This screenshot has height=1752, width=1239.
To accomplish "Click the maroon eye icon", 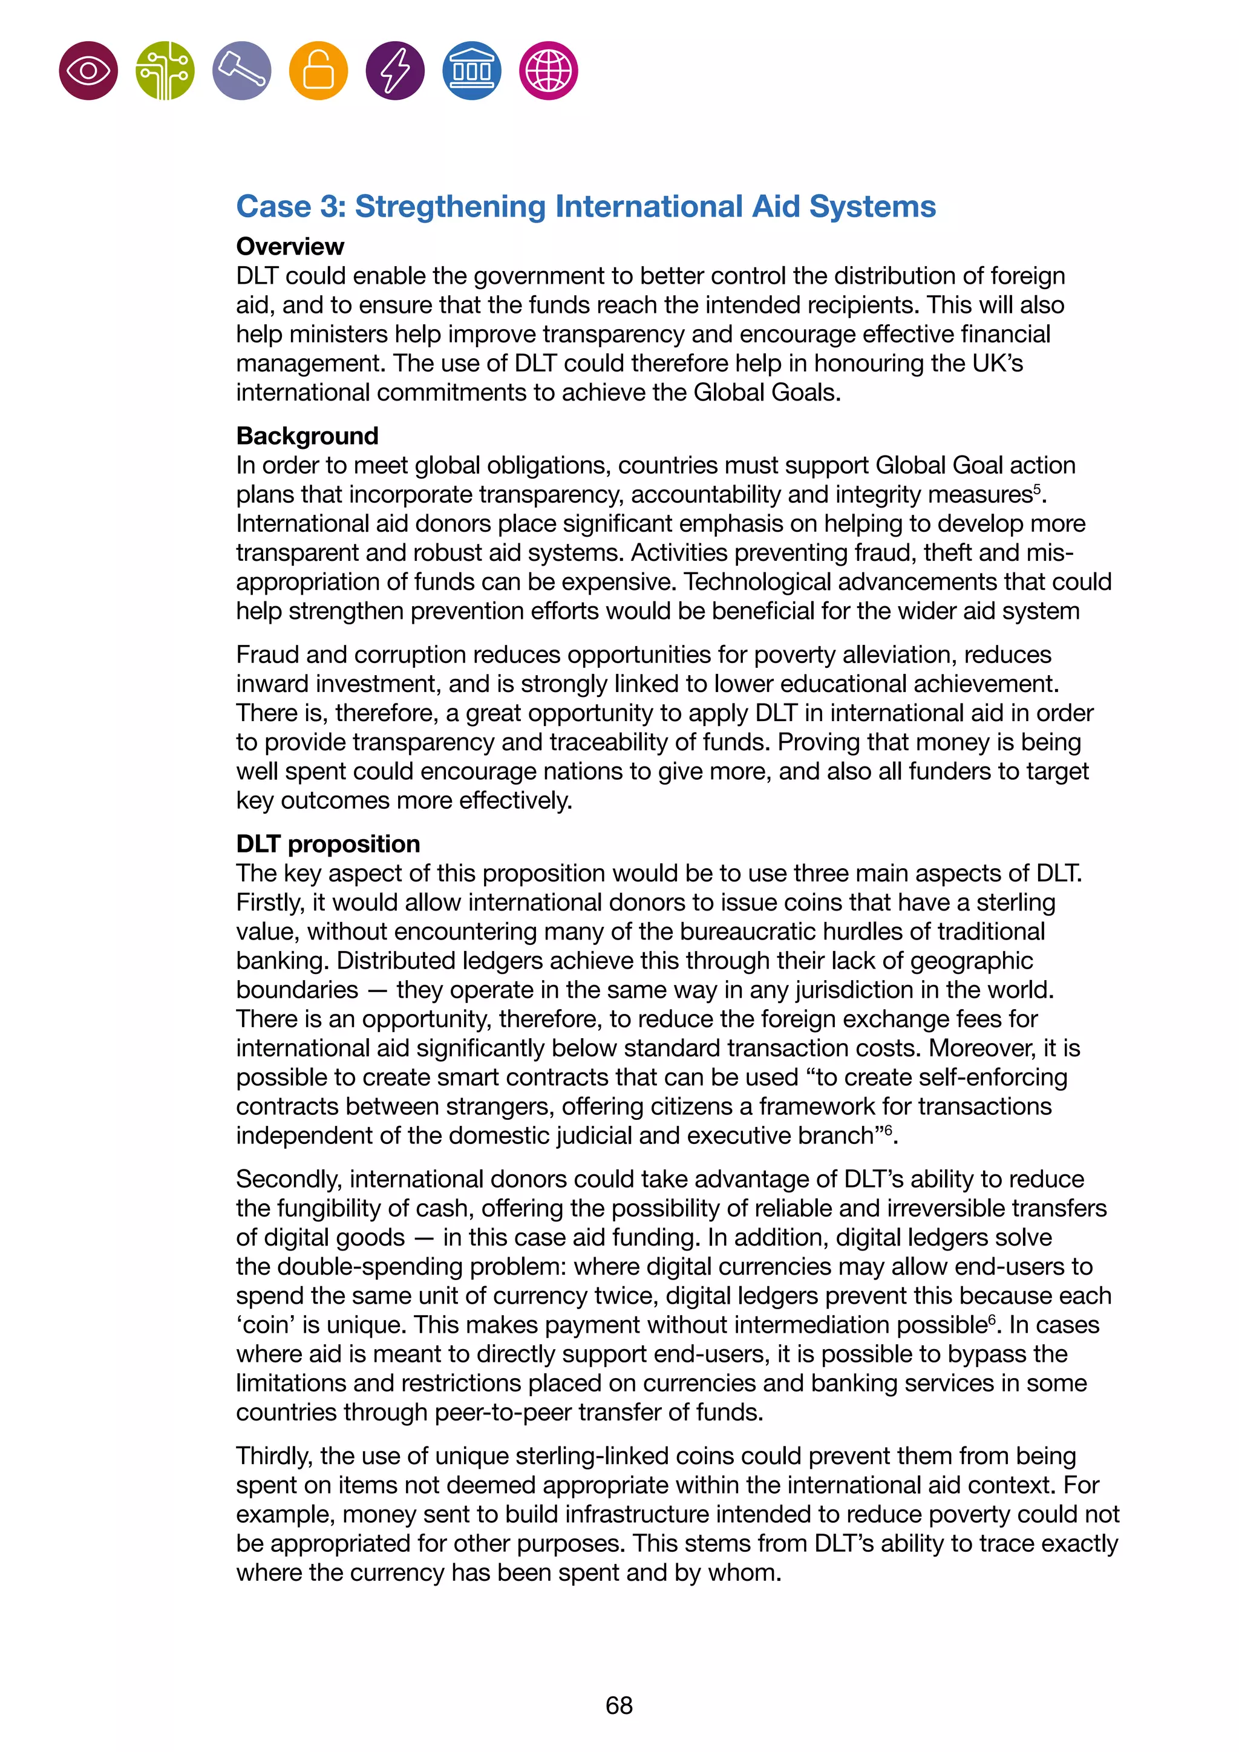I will pyautogui.click(x=88, y=71).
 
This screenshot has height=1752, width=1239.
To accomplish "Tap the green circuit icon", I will pyautogui.click(x=165, y=71).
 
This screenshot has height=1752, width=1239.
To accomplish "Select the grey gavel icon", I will pyautogui.click(x=242, y=71).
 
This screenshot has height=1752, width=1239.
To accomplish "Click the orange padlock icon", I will pyautogui.click(x=318, y=71).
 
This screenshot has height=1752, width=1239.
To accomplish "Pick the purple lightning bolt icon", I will pyautogui.click(x=395, y=71).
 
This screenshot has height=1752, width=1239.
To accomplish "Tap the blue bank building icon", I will pyautogui.click(x=471, y=71).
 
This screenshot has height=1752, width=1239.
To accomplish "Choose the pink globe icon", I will pyautogui.click(x=549, y=71).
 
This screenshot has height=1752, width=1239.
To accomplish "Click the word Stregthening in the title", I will pyautogui.click(x=450, y=207).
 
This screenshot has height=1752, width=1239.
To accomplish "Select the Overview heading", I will pyautogui.click(x=290, y=246).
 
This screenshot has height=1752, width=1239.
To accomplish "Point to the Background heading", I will pyautogui.click(x=307, y=436).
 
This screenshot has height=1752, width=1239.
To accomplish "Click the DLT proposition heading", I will pyautogui.click(x=328, y=844).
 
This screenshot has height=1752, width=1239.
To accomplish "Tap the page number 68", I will pyautogui.click(x=619, y=1705).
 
